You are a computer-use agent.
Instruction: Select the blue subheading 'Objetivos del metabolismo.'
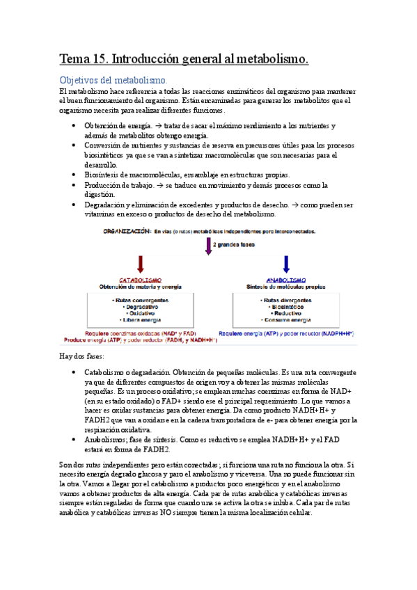[113, 81]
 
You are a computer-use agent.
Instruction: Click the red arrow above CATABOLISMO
[141, 264]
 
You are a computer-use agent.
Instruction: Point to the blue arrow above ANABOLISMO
[287, 264]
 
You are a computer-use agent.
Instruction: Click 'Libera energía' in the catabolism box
[141, 319]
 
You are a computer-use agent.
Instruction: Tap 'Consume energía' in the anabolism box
[287, 319]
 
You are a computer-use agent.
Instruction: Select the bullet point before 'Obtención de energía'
[74, 126]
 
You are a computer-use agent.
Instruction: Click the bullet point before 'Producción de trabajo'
[74, 186]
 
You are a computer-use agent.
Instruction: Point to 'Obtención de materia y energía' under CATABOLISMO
[141, 287]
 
